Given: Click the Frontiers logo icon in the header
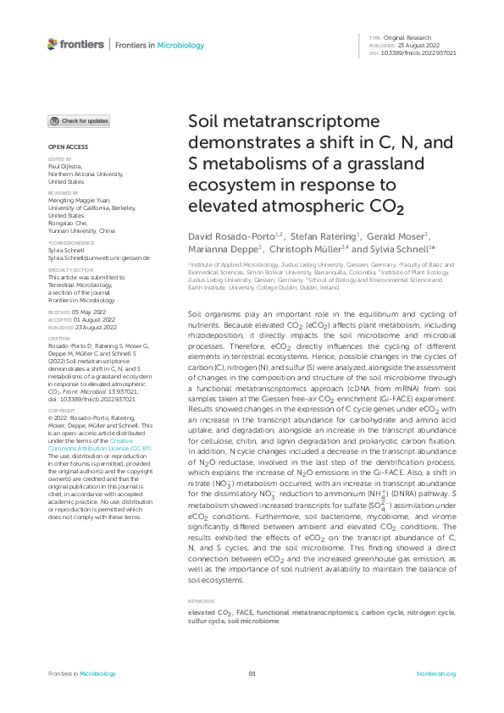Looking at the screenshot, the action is (x=53, y=44).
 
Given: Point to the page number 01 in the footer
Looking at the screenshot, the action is (x=252, y=673).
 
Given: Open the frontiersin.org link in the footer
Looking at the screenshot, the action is (x=437, y=673).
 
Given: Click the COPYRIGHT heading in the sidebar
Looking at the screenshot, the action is (x=62, y=409).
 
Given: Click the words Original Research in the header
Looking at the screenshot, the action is (x=407, y=38).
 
